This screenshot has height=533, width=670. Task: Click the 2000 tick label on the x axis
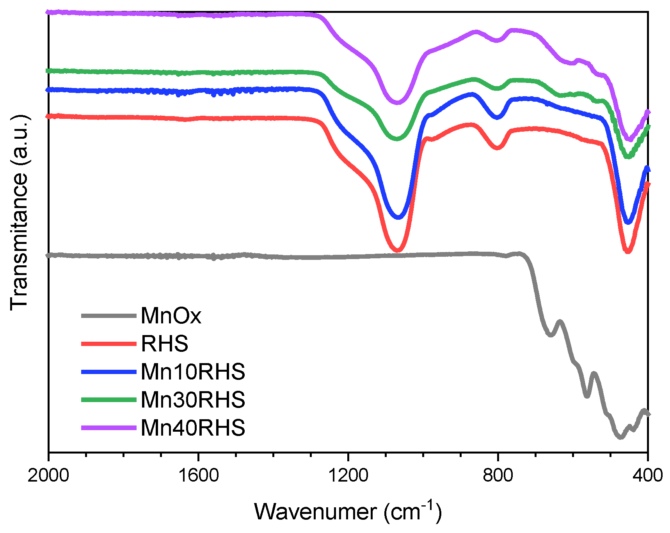[48, 476]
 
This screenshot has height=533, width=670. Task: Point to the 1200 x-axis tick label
[348, 476]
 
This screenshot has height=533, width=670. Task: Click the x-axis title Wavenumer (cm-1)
[348, 511]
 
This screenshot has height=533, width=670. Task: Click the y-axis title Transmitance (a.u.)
[20, 213]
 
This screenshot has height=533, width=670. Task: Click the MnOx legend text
[171, 316]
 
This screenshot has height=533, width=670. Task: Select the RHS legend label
[165, 344]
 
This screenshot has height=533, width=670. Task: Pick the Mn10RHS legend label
[193, 372]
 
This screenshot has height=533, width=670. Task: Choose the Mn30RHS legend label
[193, 400]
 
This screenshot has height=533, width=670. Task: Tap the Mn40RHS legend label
[193, 428]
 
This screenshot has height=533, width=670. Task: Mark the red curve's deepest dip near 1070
[397, 250]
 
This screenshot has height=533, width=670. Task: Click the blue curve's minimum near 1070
[398, 217]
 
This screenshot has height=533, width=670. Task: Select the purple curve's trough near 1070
[398, 102]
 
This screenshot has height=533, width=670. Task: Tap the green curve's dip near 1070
[397, 138]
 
